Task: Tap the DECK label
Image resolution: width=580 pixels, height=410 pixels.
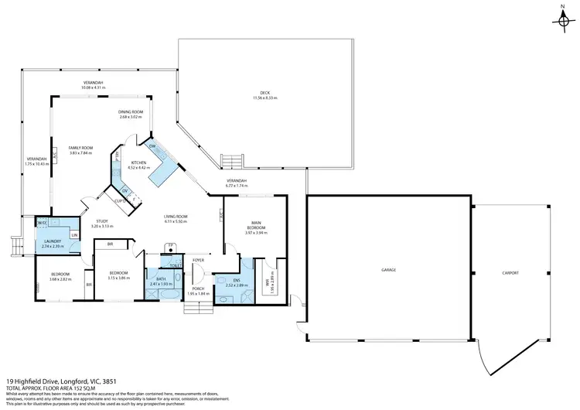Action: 264,94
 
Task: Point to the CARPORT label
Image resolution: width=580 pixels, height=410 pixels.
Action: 509,272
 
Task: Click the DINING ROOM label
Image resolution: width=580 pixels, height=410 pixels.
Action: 131,111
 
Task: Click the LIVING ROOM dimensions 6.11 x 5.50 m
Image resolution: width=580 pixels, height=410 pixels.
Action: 176,222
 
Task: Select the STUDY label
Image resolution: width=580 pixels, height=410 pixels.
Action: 102,222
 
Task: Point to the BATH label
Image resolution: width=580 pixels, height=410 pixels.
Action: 161,279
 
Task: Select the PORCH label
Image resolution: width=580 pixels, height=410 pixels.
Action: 199,288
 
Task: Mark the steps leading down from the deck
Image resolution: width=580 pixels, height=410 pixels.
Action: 232,160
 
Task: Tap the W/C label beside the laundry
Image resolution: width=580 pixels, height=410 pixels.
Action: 43,222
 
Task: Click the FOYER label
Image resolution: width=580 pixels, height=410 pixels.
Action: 198,260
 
